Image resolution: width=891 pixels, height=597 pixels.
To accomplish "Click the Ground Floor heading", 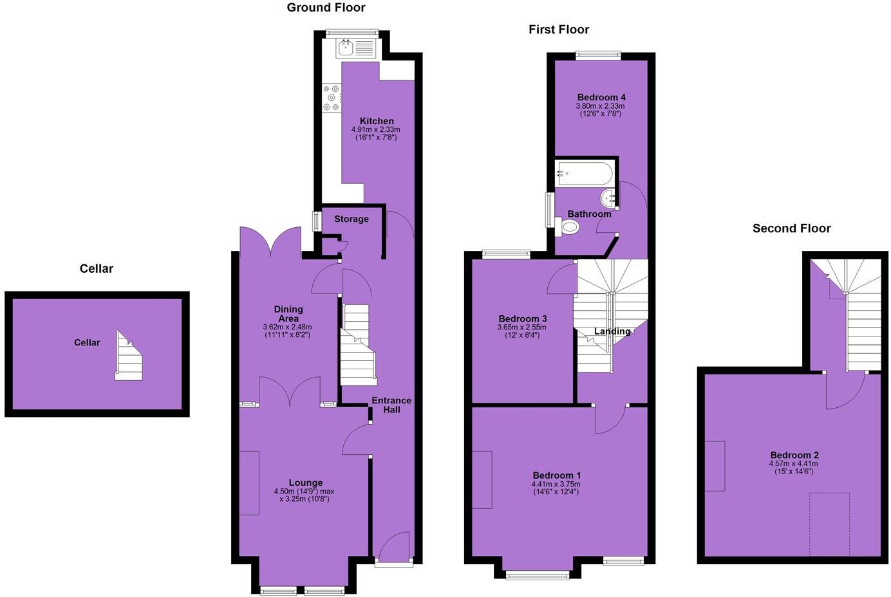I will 326,8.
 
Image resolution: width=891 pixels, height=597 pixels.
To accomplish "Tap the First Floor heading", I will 559,30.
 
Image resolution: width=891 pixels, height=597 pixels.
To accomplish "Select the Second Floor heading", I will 791,228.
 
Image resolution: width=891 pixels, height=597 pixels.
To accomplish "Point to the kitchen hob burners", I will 331,98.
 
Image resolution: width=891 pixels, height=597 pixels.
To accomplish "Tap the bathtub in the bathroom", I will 585,173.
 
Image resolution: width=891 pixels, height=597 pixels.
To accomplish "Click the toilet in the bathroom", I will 569,226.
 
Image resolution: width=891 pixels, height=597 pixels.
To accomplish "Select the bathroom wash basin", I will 609,197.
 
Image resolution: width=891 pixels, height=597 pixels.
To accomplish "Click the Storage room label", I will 352,219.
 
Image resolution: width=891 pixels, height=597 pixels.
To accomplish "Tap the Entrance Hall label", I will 391,405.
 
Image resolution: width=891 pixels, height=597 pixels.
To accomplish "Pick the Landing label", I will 612,331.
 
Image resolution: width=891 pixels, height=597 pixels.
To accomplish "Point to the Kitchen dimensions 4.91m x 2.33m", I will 377,129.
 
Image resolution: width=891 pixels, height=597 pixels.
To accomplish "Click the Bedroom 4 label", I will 601,98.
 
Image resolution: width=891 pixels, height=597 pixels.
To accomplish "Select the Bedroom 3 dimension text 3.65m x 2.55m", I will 523,327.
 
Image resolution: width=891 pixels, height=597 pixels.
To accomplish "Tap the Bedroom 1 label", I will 556,475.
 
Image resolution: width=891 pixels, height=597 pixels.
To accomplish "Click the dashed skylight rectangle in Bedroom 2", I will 829,524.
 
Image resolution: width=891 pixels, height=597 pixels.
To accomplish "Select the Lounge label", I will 306,482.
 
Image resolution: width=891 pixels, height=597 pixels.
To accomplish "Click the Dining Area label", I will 288,314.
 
